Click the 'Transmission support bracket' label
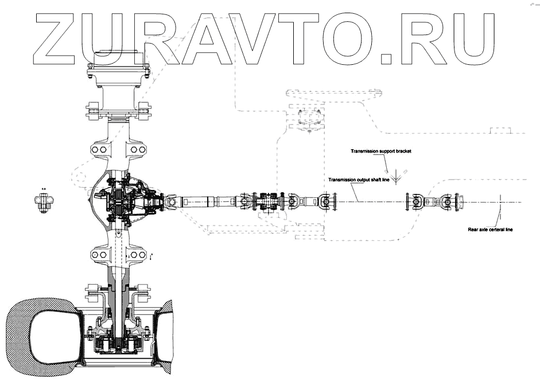[x=382, y=151]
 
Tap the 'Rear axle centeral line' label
[x=490, y=229]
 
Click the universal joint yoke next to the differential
[x=171, y=202]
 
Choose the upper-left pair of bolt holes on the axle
[x=100, y=149]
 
